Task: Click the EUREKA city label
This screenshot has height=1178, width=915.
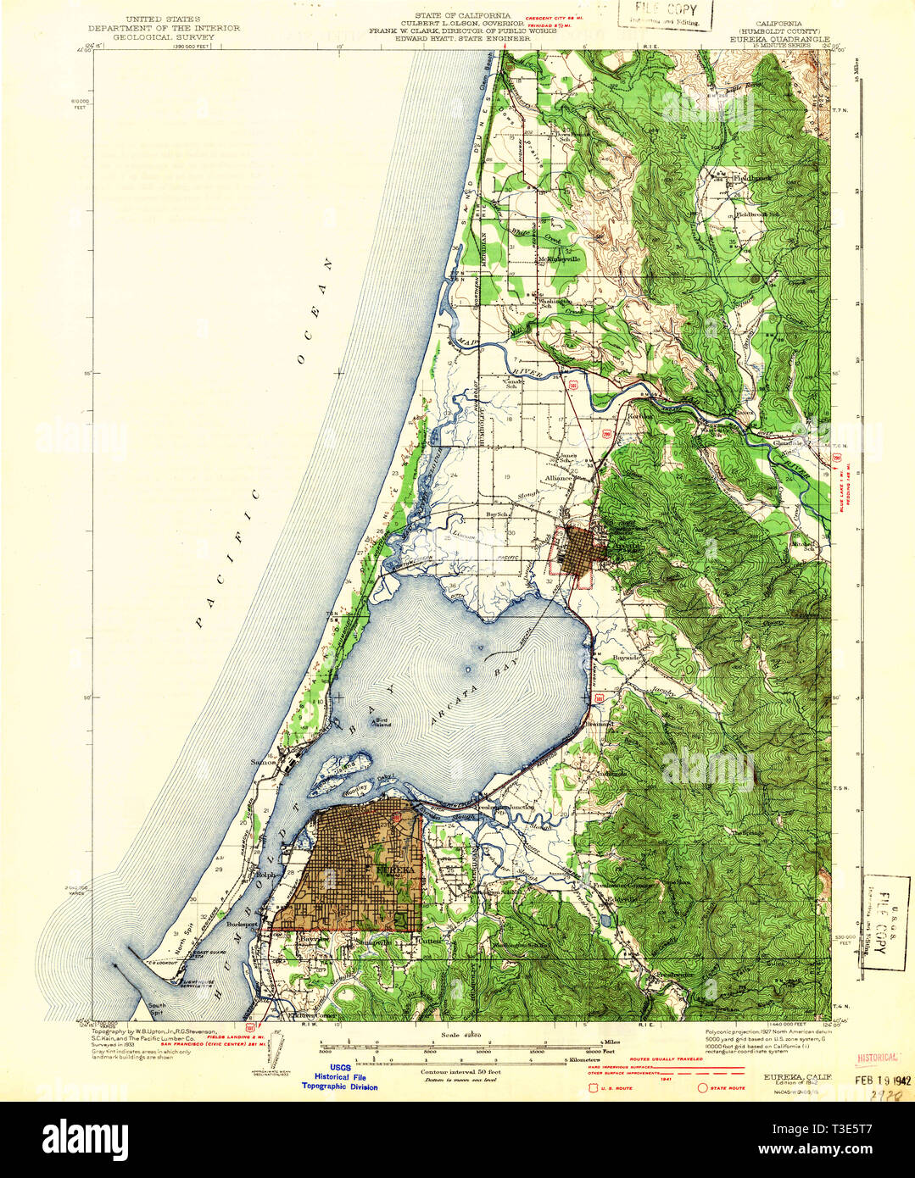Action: coord(395,870)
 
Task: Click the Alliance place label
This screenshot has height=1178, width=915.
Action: coord(561,478)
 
